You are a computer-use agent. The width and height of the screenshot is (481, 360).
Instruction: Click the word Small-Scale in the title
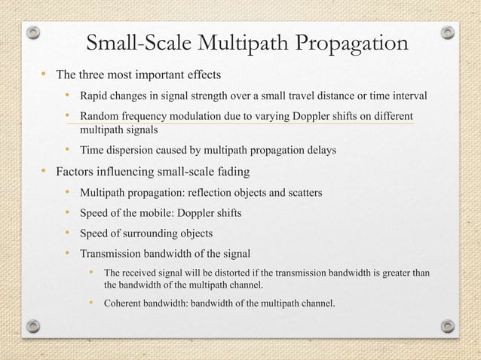tap(137, 44)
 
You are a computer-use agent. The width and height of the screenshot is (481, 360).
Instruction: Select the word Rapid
tap(96, 96)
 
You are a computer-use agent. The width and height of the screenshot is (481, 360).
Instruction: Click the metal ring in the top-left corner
tap(32, 33)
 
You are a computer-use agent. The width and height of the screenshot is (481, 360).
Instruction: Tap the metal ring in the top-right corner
tap(448, 33)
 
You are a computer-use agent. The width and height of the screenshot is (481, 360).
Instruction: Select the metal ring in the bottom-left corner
tap(32, 326)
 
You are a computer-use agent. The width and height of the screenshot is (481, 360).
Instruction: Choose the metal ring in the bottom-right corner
tap(448, 326)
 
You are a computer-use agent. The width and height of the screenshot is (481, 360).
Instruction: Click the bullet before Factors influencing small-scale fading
tap(44, 171)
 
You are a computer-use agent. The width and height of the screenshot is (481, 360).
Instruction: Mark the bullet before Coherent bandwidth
tap(91, 304)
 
